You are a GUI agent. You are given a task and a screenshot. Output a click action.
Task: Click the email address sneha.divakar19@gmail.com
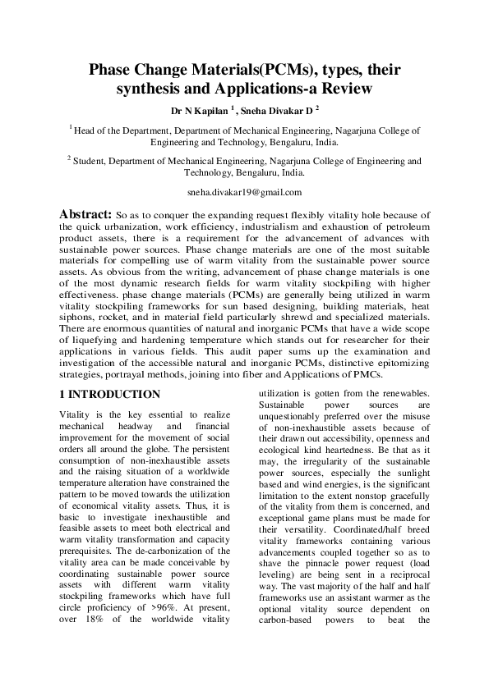point(244,192)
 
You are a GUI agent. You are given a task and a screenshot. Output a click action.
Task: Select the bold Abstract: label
point(86,213)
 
